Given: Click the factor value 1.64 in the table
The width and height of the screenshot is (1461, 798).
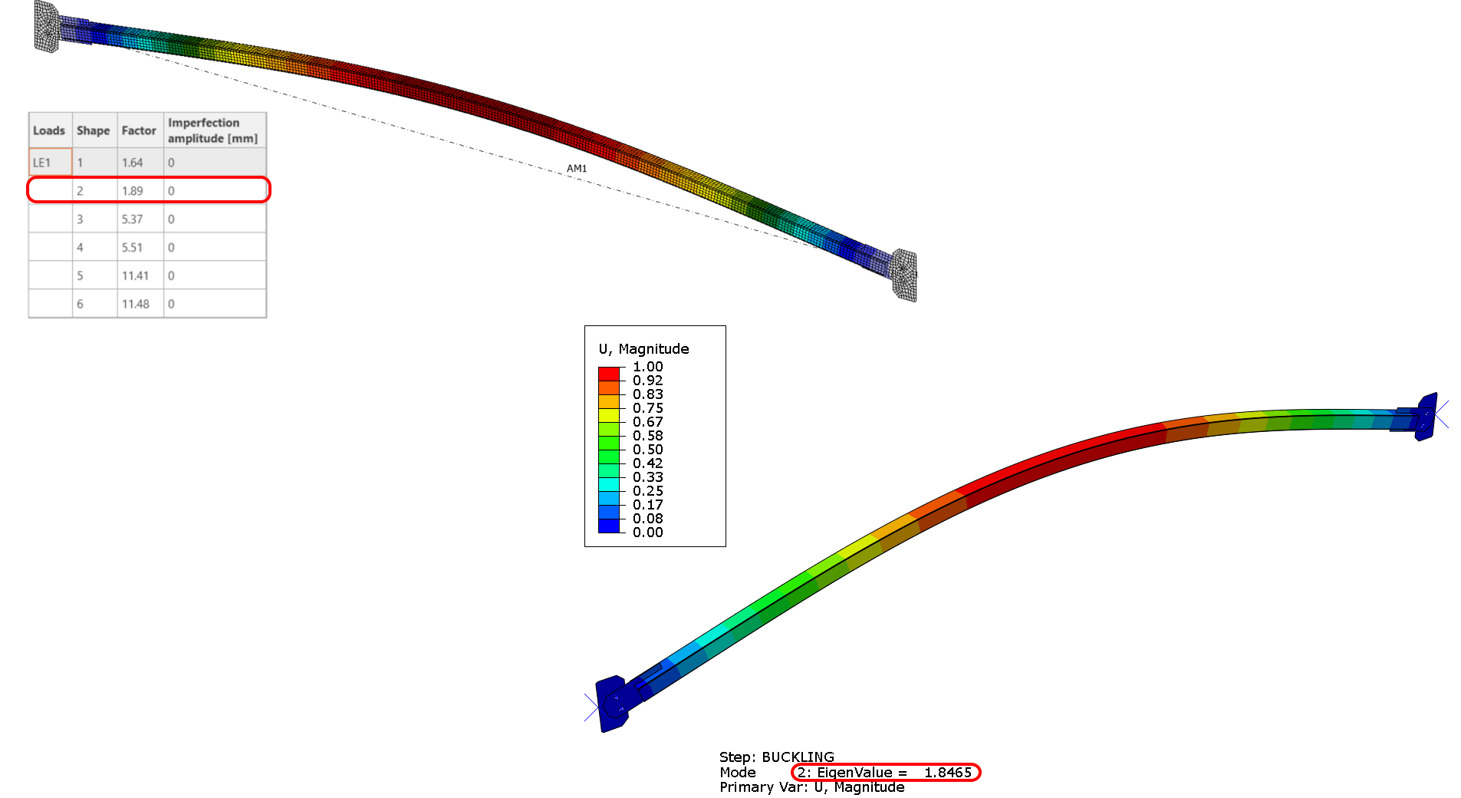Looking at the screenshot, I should point(132,163).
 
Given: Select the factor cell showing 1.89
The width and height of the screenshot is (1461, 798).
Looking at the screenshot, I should point(132,191).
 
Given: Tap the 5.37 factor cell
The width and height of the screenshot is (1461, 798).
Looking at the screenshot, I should point(132,219).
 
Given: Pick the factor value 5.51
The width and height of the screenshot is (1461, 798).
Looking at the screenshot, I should point(132,248).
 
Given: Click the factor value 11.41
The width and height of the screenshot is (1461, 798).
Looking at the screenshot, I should point(135,275).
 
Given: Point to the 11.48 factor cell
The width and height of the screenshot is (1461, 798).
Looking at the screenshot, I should point(135,304).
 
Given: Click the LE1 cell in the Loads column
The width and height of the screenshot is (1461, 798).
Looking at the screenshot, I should point(42,163).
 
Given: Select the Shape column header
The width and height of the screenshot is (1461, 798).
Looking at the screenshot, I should point(93,130).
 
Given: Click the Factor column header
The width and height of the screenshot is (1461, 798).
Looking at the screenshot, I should point(139,130).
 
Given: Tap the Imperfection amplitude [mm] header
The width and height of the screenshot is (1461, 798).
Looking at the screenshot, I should point(212,130).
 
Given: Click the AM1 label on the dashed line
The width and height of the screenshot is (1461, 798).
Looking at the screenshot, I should point(577,169).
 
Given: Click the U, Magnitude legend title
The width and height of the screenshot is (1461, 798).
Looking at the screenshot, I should point(643,349).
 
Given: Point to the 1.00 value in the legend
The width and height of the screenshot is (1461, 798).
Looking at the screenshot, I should point(647,367).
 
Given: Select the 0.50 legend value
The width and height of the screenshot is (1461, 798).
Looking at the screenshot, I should point(647,450).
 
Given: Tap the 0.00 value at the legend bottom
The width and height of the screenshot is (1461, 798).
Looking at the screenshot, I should point(647,533).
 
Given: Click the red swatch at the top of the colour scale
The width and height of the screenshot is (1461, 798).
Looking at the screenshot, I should point(609,374).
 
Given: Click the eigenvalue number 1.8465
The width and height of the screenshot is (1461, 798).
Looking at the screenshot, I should point(948,773).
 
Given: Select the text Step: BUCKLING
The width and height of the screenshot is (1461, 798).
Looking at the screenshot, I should point(776,757).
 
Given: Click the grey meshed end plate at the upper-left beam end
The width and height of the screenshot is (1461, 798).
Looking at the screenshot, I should point(47,27).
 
